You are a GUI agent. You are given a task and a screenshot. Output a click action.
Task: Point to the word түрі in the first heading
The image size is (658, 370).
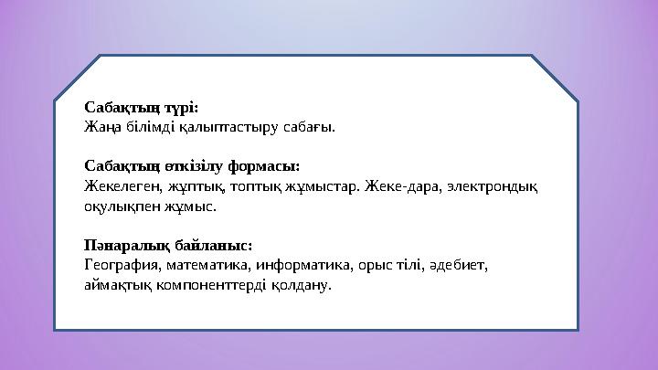point(179,107)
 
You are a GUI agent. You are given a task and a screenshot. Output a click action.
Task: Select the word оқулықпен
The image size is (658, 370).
point(119,207)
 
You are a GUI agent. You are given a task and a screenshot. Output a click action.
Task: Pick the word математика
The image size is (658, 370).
point(208,266)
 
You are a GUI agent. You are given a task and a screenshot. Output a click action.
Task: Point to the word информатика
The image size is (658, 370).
point(300,266)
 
